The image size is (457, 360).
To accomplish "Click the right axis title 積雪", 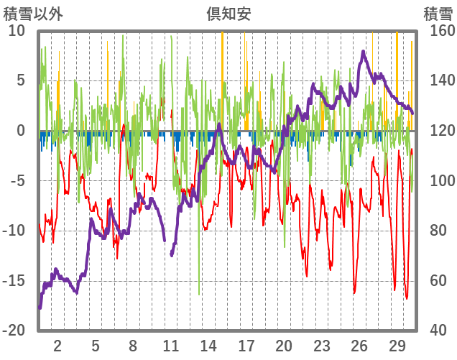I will click(438, 12).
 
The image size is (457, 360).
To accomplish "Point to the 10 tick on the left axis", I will click(17, 31).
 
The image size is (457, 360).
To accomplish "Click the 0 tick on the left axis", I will click(21, 131).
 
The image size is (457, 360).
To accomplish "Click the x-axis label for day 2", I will click(57, 345).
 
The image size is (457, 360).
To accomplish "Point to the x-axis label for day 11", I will click(171, 345).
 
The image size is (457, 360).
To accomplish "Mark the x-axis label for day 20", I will click(284, 345).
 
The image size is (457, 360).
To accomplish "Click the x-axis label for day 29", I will click(397, 345).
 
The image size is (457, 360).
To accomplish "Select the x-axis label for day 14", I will click(208, 345).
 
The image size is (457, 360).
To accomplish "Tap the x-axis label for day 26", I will click(359, 345).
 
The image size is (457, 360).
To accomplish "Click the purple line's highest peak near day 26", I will click(364, 52).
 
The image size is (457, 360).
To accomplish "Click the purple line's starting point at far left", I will click(40, 308).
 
